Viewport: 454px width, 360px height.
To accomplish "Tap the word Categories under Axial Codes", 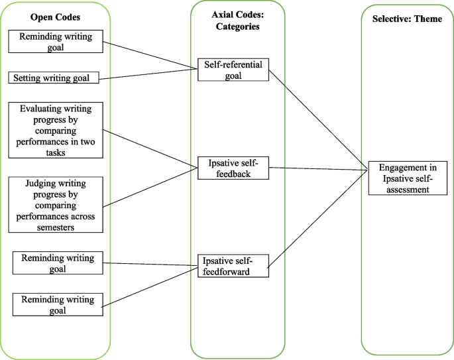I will tap(238, 28).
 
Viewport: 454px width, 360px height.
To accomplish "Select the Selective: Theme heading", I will tap(407, 18).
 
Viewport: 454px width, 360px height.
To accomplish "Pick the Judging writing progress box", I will tap(56, 204).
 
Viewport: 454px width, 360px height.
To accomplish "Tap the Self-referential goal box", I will tap(233, 70).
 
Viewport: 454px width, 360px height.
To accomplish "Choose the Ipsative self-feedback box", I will tap(233, 168).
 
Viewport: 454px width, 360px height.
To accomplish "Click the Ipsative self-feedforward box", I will tap(234, 265).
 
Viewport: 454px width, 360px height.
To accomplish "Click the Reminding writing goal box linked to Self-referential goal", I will tap(56, 42).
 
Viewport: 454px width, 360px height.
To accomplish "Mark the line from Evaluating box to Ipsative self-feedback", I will tap(152, 147).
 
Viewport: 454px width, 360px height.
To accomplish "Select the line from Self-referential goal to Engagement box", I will tap(318, 117).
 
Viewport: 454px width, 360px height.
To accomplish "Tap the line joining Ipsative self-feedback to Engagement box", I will tap(318, 169).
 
